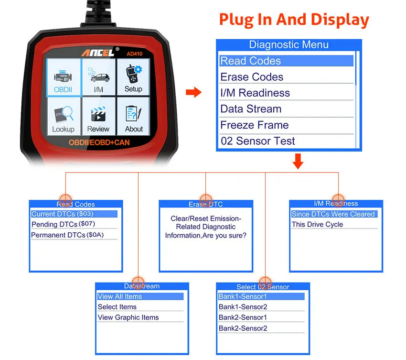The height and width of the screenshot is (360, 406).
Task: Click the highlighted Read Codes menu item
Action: click(286, 61)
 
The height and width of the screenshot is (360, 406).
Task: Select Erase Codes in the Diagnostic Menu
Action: click(252, 77)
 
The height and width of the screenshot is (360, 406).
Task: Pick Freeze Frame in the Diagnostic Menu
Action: click(254, 125)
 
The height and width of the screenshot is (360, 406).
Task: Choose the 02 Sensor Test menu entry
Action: click(257, 141)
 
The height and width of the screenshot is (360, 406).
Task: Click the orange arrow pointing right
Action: click(193, 92)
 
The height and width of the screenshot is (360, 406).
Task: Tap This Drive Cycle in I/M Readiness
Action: click(317, 224)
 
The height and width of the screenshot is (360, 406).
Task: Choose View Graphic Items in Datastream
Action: click(128, 317)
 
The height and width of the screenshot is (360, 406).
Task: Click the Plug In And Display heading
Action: click(294, 20)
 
